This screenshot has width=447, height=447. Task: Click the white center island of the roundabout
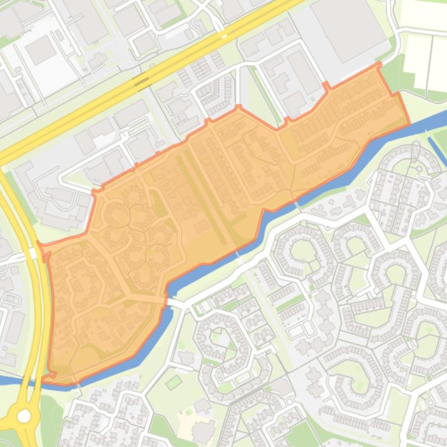click(x=24, y=416)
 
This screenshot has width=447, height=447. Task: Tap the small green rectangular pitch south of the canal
click(x=174, y=382)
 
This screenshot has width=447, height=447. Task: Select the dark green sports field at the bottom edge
click(x=302, y=435)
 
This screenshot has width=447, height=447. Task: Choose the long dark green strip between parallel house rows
click(x=203, y=197)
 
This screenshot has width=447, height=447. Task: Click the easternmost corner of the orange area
click(x=409, y=123)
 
